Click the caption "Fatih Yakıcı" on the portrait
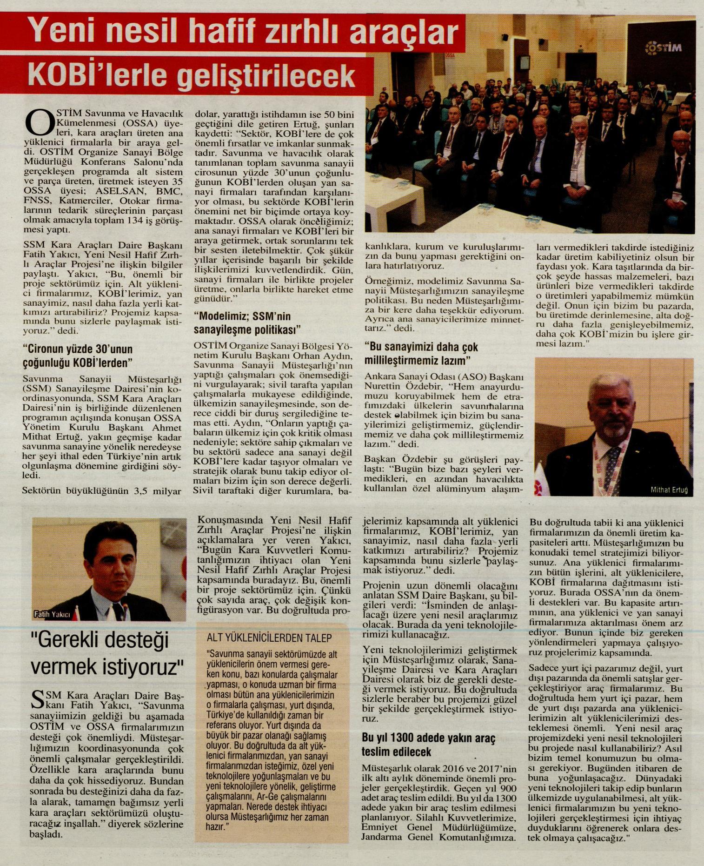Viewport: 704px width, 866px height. click(52, 615)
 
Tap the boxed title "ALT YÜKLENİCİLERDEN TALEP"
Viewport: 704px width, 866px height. click(269, 638)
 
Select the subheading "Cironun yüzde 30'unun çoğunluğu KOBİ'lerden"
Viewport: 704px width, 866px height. click(78, 356)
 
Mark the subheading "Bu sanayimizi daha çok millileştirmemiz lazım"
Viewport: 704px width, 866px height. click(421, 354)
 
